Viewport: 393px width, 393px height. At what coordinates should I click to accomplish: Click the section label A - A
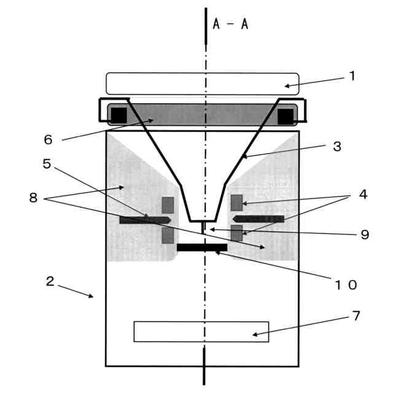pyautogui.click(x=230, y=25)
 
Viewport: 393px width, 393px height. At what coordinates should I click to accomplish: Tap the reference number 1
pyautogui.click(x=352, y=76)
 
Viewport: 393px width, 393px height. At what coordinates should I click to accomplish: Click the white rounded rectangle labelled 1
pyautogui.click(x=202, y=84)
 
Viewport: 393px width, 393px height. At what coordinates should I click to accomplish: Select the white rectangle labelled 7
pyautogui.click(x=201, y=332)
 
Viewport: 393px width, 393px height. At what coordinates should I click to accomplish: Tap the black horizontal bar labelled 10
pyautogui.click(x=202, y=247)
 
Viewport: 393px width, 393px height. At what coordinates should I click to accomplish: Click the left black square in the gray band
pyautogui.click(x=119, y=115)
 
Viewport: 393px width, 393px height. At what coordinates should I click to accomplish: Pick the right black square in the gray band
pyautogui.click(x=286, y=115)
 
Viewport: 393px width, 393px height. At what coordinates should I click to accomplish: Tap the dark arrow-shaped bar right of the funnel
pyautogui.click(x=258, y=219)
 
